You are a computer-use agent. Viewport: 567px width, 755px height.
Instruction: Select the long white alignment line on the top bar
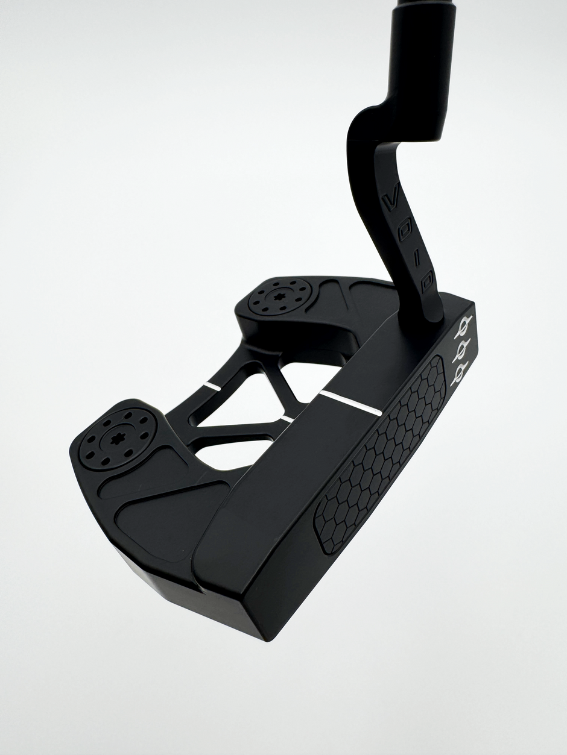(x=350, y=401)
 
